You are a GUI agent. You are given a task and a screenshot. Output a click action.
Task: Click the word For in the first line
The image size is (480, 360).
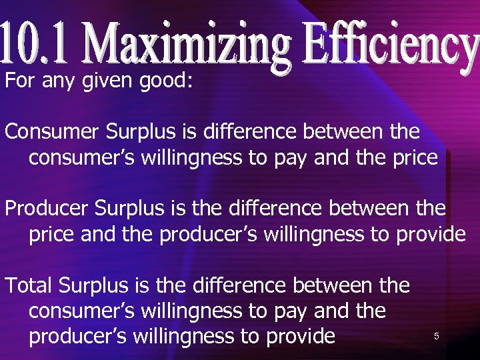19,81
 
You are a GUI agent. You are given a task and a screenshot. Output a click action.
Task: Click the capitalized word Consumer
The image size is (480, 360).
53,131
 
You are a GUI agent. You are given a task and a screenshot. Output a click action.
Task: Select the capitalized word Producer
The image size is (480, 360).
47,209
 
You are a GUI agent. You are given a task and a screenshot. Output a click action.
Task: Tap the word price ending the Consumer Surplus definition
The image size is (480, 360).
414,158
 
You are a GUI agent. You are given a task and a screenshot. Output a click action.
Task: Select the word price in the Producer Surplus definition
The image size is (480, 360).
50,235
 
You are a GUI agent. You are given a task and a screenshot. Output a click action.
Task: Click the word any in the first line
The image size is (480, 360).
58,83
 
